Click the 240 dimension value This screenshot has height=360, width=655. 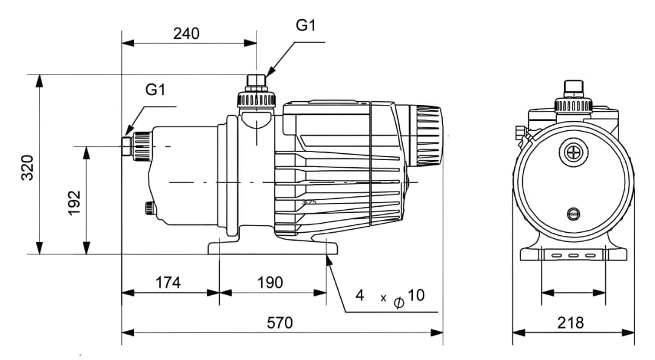[x=186, y=33]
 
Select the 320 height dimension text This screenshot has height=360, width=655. [x=27, y=167]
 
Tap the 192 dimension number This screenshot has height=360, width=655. [x=75, y=203]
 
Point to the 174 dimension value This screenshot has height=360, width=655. [x=168, y=283]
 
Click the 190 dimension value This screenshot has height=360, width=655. [x=270, y=283]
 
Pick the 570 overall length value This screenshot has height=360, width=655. [x=280, y=323]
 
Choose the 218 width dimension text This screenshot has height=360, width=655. [x=571, y=323]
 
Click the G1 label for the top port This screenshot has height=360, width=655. [x=305, y=25]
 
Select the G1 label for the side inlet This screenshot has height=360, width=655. [x=155, y=89]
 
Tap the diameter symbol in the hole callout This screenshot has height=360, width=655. [x=399, y=302]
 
